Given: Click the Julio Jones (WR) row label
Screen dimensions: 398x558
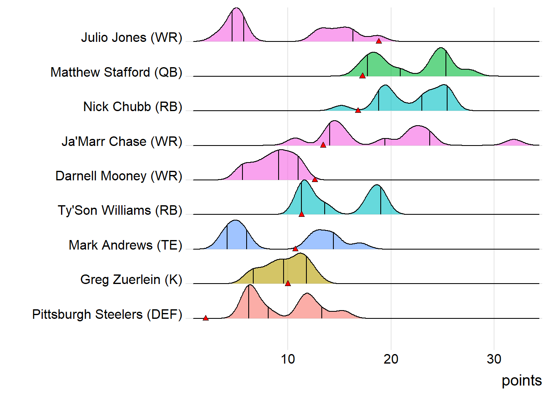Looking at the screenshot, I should (132, 38).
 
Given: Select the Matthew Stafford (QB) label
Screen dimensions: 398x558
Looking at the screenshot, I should (116, 73).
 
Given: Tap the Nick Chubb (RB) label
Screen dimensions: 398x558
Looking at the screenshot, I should (132, 107).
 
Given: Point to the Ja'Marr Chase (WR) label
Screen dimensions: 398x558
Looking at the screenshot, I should (122, 142).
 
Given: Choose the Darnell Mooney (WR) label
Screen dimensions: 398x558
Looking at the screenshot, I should (119, 176).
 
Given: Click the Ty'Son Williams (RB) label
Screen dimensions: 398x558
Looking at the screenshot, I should (120, 211).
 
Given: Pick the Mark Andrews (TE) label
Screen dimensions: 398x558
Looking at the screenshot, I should (125, 245).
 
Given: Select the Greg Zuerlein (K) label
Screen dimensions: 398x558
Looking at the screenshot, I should (131, 280).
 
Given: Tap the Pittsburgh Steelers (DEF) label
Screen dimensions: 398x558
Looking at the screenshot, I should (107, 315).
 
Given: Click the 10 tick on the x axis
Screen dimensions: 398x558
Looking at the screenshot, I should (288, 359).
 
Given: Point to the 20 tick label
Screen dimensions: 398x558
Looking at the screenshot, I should (391, 359).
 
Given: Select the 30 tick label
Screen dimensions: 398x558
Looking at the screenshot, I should (494, 359).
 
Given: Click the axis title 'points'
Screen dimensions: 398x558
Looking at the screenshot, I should (521, 381).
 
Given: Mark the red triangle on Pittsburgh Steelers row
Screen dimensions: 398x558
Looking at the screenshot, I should (206, 318).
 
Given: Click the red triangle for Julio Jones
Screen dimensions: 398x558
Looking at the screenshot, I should (379, 41).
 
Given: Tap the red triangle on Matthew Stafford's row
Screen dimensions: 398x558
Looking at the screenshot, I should (362, 75).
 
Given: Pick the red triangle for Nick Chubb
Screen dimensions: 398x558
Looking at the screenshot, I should (358, 110).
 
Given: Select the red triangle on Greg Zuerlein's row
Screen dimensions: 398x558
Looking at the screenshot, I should (288, 283).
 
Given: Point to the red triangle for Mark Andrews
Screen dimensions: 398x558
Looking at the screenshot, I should (295, 249).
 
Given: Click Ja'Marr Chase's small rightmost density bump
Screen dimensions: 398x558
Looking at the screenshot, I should (514, 143).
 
